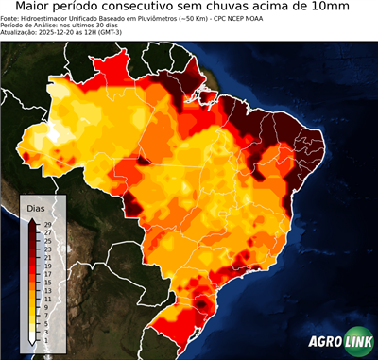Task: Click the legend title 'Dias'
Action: [36, 208]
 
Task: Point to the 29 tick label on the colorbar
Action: [47, 225]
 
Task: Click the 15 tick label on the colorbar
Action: [47, 282]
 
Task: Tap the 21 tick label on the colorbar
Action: [47, 257]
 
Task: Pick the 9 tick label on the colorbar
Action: [46, 306]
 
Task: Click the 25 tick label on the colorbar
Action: [47, 241]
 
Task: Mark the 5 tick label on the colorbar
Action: [46, 322]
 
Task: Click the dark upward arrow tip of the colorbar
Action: [33, 220]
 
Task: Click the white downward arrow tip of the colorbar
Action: [33, 342]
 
